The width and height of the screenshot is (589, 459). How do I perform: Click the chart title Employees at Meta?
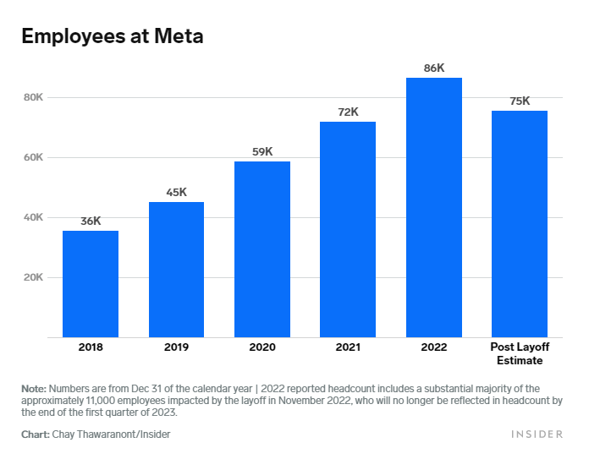(112, 37)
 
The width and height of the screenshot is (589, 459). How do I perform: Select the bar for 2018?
(91, 283)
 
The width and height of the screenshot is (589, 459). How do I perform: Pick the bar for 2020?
(262, 249)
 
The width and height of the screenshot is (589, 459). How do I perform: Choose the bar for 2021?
(348, 229)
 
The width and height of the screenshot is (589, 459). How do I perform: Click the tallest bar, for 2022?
(434, 207)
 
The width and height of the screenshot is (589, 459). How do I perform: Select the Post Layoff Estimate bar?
(520, 223)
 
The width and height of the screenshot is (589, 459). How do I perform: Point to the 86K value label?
(434, 68)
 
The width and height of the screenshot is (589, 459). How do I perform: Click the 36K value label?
(91, 221)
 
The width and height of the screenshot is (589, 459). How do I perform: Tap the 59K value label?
(262, 151)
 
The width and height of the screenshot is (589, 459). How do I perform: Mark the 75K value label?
(520, 101)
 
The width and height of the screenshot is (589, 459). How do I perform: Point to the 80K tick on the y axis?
(33, 97)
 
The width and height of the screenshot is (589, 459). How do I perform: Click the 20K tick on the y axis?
(33, 277)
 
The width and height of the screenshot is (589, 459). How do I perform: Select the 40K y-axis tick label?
(33, 217)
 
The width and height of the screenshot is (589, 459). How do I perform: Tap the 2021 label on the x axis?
(348, 347)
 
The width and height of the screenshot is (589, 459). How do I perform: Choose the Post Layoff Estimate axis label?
(520, 353)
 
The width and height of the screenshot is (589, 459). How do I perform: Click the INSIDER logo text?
(537, 434)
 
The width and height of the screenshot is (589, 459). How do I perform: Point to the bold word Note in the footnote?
(34, 387)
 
